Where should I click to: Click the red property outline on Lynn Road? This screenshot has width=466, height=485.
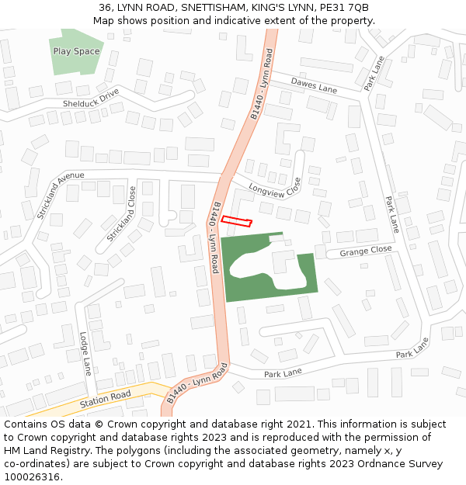click(237, 221)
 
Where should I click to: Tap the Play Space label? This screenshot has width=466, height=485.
click(76, 51)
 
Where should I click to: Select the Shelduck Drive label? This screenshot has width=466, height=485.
click(92, 98)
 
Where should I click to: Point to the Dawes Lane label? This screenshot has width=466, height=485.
click(314, 85)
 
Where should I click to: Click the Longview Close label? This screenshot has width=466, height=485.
click(275, 187)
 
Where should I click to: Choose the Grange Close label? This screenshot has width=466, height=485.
click(365, 251)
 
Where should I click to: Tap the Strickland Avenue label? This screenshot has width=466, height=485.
click(59, 194)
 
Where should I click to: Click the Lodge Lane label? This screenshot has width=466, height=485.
click(85, 354)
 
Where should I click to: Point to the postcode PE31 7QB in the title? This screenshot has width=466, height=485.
click(344, 8)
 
